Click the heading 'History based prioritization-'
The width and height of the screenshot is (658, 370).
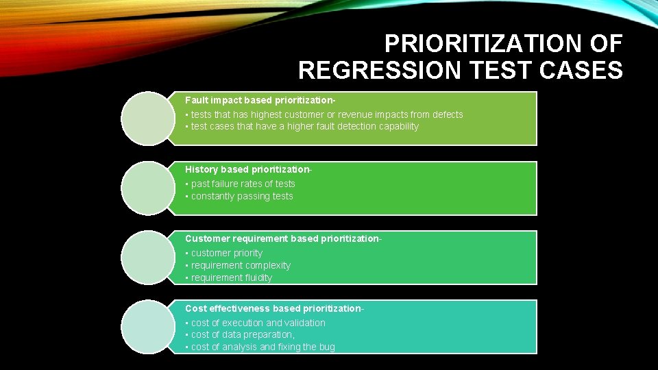tap(249, 169)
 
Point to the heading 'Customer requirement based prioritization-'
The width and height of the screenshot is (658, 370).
tap(283, 238)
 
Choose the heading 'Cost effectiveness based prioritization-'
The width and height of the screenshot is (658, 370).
tap(274, 308)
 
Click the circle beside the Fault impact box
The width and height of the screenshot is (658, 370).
tap(148, 119)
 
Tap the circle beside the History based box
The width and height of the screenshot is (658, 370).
tap(148, 188)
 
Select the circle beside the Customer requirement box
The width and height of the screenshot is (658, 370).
tap(148, 258)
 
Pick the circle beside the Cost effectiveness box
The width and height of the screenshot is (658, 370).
tap(148, 327)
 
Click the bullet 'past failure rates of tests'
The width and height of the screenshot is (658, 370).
tap(243, 184)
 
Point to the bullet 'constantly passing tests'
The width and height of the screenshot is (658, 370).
tap(242, 196)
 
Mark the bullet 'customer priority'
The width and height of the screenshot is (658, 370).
tap(226, 253)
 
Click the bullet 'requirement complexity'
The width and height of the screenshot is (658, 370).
tap(241, 265)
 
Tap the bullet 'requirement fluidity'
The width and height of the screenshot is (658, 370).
tap(232, 277)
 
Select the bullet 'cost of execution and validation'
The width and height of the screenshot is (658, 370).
tap(258, 323)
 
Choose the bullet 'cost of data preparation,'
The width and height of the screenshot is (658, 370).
tap(243, 334)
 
